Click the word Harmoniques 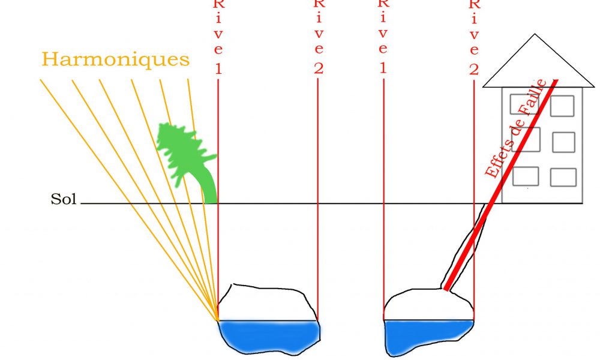click(115, 60)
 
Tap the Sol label click(63, 200)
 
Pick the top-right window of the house click(562, 106)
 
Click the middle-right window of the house click(563, 142)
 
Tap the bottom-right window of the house click(563, 177)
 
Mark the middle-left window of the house click(528, 139)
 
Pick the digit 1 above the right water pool click(382, 68)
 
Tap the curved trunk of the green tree click(209, 186)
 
